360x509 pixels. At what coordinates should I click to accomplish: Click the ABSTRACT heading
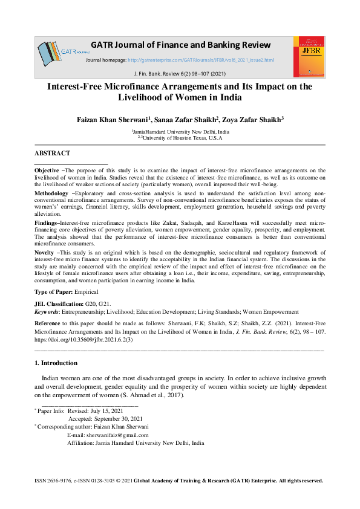click(x=52, y=154)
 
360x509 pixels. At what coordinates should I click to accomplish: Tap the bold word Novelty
click(x=45, y=251)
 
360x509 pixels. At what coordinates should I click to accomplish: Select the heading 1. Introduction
click(x=56, y=363)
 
